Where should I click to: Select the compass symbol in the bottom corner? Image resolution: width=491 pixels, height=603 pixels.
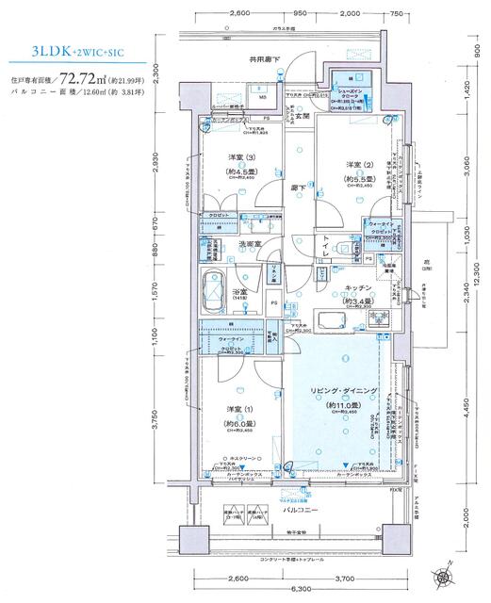(x=444, y=572)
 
